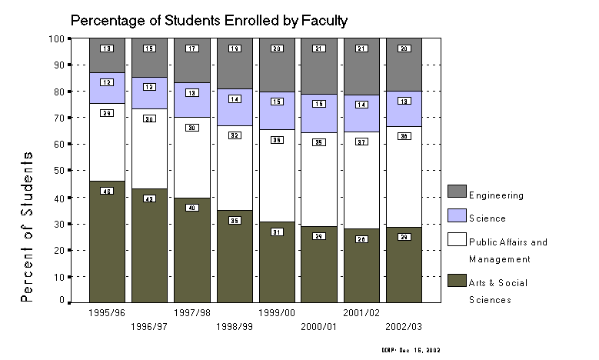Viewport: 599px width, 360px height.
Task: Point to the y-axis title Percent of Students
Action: point(28,225)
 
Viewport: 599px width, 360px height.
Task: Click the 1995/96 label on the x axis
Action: point(106,313)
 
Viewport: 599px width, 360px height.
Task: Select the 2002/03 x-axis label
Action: point(403,326)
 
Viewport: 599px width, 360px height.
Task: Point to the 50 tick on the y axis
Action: point(58,170)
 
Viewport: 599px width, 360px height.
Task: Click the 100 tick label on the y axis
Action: point(55,38)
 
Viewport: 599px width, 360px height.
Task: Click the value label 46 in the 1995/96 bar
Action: point(107,191)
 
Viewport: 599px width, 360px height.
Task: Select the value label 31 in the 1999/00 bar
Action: point(276,232)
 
